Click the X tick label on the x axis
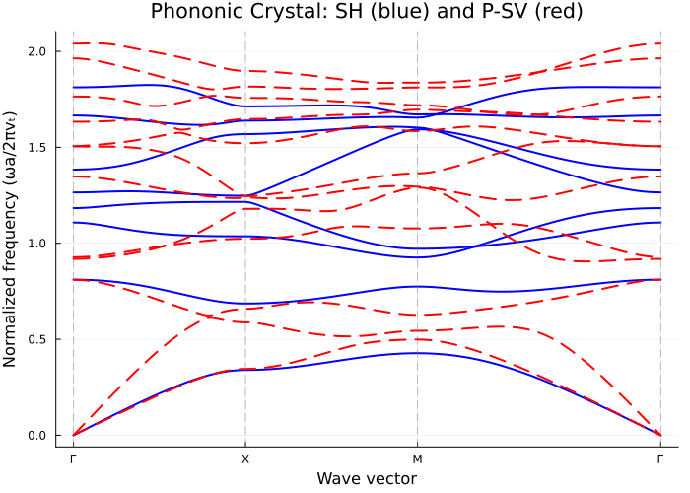[245, 459]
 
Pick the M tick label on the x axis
[417, 459]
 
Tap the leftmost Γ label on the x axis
[73, 459]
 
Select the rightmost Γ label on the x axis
[660, 459]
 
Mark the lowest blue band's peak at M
[417, 353]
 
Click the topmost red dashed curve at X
[245, 71]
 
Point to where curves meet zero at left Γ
[73, 435]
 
